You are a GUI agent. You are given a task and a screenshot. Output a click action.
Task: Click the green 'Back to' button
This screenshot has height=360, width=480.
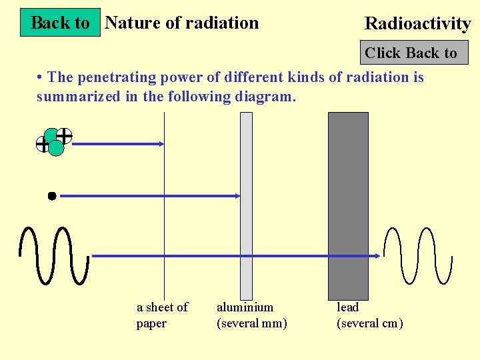coord(60,23)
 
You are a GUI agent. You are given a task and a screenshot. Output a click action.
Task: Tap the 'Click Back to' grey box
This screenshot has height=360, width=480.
coord(411,53)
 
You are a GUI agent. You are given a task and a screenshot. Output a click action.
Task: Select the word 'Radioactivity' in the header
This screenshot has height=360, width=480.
coord(417,24)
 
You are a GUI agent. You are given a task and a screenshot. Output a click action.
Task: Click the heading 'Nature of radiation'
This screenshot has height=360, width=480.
coord(182,23)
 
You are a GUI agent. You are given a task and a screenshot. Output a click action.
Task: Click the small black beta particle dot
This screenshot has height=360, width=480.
coord(51,196)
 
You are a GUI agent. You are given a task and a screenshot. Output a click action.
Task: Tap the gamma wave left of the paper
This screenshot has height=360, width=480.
coord(54,255)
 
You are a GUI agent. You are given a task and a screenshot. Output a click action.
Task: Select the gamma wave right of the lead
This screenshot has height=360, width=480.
coord(420,255)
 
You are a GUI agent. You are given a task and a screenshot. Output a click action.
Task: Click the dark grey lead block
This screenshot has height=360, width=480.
coord(348,206)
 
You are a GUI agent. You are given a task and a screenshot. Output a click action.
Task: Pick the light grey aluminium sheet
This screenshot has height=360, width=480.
coord(246,206)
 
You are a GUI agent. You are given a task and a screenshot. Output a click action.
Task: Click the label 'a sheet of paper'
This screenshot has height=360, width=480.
coord(162,315)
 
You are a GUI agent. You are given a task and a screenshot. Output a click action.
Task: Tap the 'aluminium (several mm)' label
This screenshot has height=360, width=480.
coord(252,315)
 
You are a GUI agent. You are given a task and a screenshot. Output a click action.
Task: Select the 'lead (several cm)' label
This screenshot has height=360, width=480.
coord(369,315)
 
